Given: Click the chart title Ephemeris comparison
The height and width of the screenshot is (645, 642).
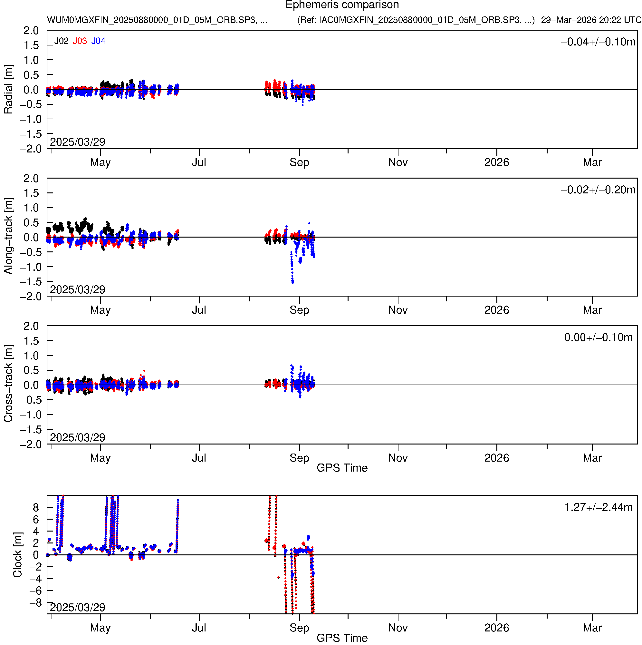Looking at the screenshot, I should coord(342,5).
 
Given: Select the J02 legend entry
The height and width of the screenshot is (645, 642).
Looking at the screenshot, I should coord(62,41).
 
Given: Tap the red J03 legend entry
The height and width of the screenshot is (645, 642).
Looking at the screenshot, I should coord(80,41).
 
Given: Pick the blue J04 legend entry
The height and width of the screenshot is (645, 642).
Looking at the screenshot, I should coord(99,41).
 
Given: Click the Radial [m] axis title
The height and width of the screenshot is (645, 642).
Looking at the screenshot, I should coord(8,90).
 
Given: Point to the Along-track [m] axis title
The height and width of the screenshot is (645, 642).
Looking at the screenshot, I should coord(8,236).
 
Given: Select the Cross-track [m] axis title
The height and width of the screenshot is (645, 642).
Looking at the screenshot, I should coord(8,384).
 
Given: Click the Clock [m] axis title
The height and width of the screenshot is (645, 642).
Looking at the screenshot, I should coord(17,555).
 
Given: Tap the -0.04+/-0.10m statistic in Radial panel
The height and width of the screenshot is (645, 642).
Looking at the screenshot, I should coord(598,42).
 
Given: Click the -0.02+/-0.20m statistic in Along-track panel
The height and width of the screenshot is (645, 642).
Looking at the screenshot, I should coord(598,190).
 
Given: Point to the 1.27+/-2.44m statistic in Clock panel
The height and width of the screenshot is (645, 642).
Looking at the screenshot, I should coord(598,507).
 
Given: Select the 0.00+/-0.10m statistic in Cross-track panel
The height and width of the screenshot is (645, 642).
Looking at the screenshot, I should coord(598,337).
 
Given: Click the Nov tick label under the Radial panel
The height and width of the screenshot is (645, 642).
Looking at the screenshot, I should coord(398,162).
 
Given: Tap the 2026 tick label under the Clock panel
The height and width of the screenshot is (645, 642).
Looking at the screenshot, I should coord(496,628).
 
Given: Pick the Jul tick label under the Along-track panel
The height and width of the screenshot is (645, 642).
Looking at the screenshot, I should coord(199,310).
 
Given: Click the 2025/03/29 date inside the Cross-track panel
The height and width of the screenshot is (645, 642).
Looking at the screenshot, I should coord(77,437).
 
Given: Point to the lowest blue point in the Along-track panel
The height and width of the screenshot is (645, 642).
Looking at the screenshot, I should coord(292,283).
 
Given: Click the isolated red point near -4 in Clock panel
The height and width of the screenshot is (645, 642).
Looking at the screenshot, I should coord(278,578).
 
